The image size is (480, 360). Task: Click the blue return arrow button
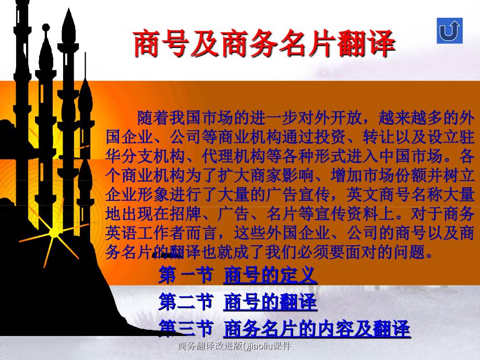pos(449,31)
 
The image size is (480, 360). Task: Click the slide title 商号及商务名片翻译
pos(264,43)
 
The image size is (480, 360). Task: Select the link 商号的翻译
pos(270,302)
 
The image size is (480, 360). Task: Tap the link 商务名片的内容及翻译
pos(317,328)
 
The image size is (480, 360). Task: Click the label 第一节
pos(185,275)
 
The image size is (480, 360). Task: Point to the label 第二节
pos(185,302)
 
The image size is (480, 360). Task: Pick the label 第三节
pos(185,328)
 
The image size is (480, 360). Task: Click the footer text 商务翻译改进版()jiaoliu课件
pos(234,346)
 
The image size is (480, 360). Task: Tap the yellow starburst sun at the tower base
pos(54,233)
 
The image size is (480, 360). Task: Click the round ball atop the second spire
pos(46,28)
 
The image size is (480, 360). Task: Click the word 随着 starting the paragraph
pos(153,118)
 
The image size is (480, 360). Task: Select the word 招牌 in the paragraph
pos(185,214)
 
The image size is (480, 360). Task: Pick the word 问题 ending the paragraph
pos(410,252)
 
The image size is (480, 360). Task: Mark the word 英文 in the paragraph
pos(362,195)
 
